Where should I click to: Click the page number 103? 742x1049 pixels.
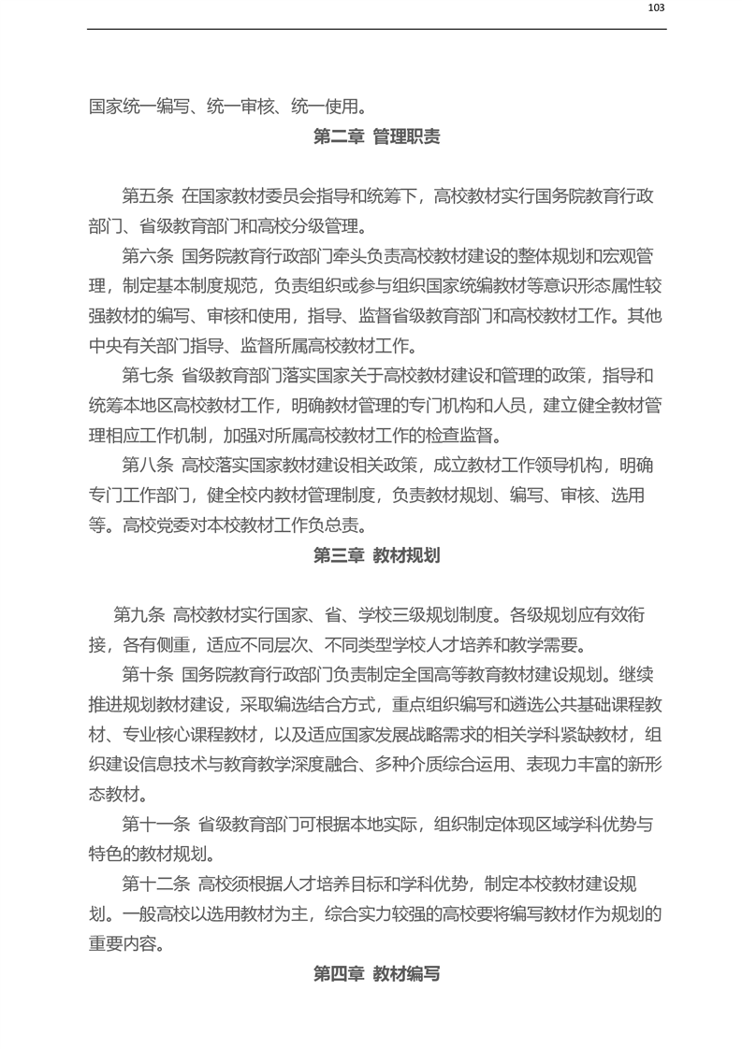pyautogui.click(x=656, y=7)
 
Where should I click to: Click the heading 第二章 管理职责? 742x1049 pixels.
pyautogui.click(x=376, y=137)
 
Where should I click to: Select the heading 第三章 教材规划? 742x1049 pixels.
pyautogui.click(x=376, y=555)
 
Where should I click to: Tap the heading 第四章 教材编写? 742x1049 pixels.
pyautogui.click(x=376, y=974)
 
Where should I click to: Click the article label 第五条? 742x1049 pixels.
pyautogui.click(x=148, y=196)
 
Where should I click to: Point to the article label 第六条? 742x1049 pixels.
pyautogui.click(x=148, y=256)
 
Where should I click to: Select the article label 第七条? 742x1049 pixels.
pyautogui.click(x=148, y=376)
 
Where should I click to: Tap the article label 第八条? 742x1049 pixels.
pyautogui.click(x=148, y=466)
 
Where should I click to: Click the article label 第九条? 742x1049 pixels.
pyautogui.click(x=139, y=615)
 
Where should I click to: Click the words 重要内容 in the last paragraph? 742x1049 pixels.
pyautogui.click(x=123, y=944)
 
